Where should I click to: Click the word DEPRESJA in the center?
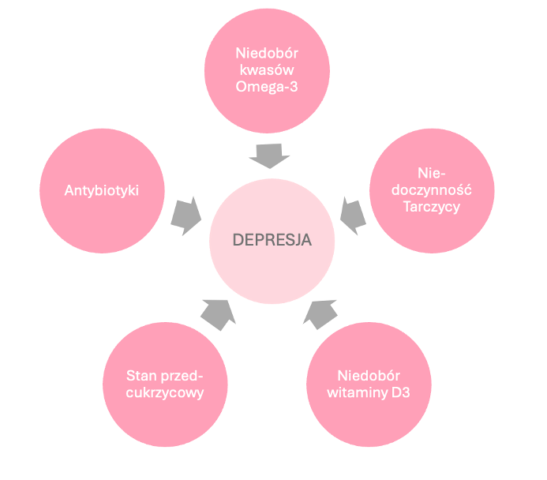(x=272, y=240)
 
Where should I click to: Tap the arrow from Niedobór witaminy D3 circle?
(x=320, y=313)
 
